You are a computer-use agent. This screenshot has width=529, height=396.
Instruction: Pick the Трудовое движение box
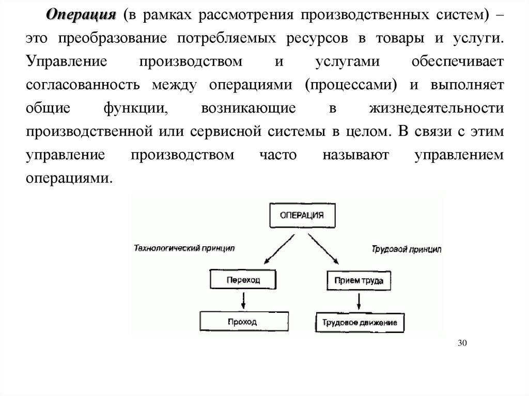(x=360, y=322)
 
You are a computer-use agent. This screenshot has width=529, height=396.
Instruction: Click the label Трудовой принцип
(x=407, y=249)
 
